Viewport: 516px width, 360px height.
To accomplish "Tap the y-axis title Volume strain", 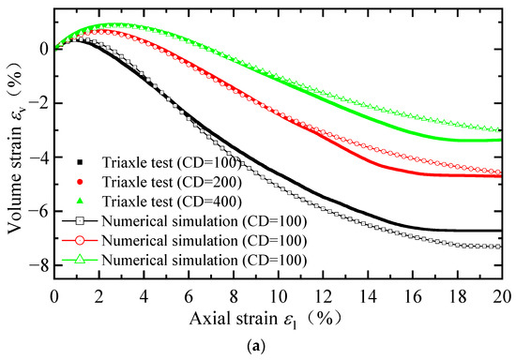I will pos(15,145).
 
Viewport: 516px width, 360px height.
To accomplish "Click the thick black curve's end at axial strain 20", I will pos(500,230).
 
